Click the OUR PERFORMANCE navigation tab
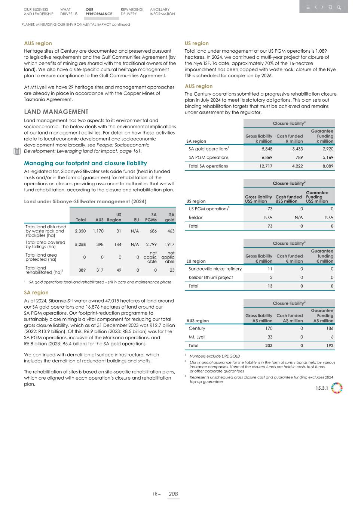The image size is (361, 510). (98, 12)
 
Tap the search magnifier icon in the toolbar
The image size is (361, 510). (339, 7)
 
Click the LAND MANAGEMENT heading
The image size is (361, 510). (56, 112)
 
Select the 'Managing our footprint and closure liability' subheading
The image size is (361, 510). (85, 163)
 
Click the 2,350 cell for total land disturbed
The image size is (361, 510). (80, 231)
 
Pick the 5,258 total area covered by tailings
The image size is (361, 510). (80, 244)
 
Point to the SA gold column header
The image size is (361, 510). (170, 217)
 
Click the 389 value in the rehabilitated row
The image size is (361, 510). (80, 270)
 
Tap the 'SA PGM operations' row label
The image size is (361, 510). (208, 158)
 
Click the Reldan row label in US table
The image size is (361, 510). (196, 217)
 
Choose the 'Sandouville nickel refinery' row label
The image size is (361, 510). (215, 269)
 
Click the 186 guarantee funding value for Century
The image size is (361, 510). (329, 328)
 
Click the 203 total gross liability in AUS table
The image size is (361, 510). (268, 346)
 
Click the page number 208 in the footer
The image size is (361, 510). (173, 494)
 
